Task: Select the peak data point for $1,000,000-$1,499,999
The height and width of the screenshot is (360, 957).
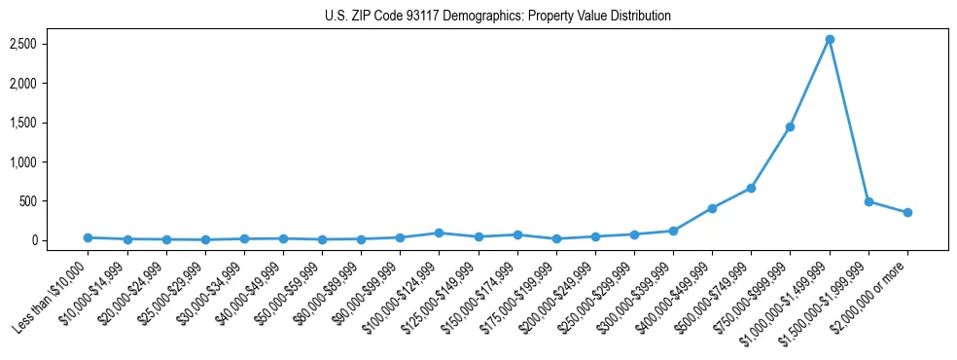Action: point(830,40)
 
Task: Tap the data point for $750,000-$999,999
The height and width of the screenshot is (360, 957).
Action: point(791,126)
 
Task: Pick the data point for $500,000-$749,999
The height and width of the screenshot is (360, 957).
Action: point(751,188)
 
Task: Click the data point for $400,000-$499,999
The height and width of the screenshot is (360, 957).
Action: point(712,208)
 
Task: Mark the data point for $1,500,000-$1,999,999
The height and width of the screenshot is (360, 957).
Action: point(868,201)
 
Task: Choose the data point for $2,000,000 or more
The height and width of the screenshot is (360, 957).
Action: point(907,212)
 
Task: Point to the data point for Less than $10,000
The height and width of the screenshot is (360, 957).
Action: point(88,237)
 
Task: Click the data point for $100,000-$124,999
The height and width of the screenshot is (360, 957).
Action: point(439,233)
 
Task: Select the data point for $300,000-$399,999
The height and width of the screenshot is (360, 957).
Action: point(673,231)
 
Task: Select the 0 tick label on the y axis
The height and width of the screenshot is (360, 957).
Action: point(60,240)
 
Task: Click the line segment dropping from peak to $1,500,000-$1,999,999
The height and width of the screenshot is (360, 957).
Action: point(849,121)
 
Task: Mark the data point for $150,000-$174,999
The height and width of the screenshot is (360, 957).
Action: point(517,234)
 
